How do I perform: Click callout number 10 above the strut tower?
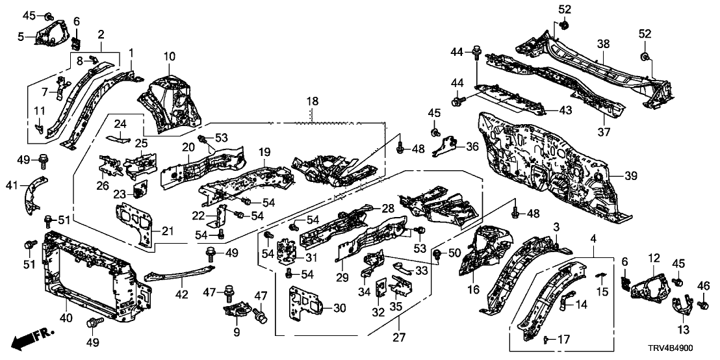point(169,57)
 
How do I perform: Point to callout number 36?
point(472,147)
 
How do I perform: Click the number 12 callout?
point(654,258)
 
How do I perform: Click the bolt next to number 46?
point(702,304)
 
